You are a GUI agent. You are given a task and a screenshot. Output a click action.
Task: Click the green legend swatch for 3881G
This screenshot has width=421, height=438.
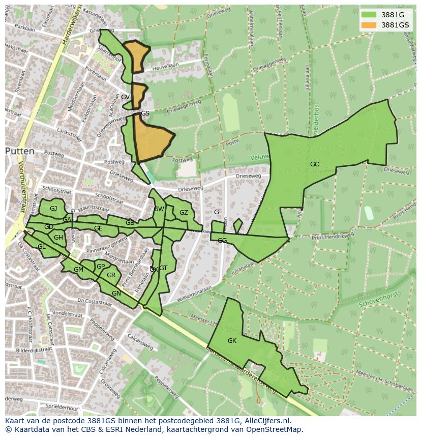[x=369, y=15]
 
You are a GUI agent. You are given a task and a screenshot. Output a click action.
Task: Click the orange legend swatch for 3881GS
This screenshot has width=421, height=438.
[x=369, y=25]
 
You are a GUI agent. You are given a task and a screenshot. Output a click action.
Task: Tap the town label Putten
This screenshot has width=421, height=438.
[x=20, y=151]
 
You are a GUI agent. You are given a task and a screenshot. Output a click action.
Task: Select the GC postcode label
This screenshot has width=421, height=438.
[x=315, y=164]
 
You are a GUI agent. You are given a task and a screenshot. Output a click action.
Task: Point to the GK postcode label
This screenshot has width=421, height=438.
[x=232, y=341]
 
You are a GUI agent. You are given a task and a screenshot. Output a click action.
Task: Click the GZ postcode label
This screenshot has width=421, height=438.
[x=184, y=213]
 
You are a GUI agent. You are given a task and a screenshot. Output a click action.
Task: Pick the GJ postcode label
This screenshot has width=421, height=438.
[x=53, y=209]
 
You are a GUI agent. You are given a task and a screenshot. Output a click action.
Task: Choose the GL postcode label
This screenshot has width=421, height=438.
[x=42, y=247]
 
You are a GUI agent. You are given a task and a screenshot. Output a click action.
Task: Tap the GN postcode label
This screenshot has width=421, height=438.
[x=116, y=294]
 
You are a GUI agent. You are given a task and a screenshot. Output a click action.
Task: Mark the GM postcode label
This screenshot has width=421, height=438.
[x=78, y=270]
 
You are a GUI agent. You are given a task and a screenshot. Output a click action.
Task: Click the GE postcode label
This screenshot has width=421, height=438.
[x=98, y=229]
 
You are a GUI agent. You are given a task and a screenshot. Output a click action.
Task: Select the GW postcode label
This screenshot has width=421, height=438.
[x=159, y=209]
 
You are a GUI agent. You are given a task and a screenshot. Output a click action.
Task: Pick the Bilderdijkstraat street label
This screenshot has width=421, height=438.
[x=35, y=350]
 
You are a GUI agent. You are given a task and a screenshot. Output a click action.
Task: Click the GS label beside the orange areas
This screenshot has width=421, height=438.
[x=145, y=113]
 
